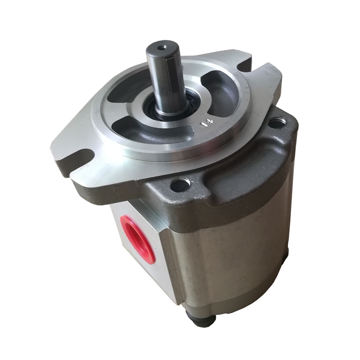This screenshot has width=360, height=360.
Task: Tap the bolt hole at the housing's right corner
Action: click(277, 123)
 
